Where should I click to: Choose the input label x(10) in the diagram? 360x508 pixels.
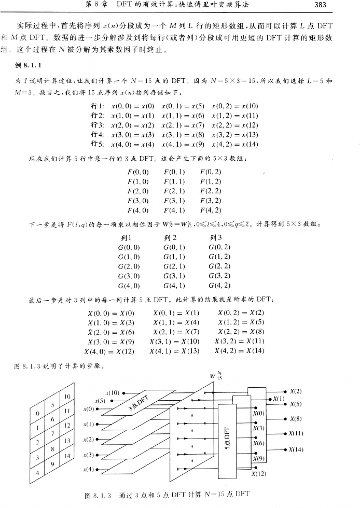pyautogui.click(x=113, y=394)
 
